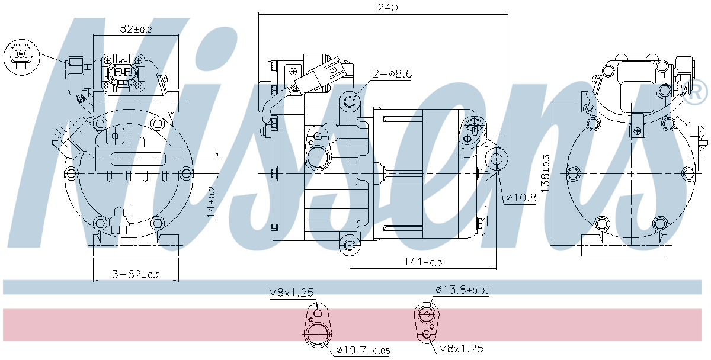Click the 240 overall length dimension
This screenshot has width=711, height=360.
tap(384, 7)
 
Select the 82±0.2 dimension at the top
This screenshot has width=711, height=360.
tap(136, 28)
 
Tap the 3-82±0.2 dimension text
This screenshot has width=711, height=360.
tap(136, 274)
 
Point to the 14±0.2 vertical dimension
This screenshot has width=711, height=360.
tap(210, 202)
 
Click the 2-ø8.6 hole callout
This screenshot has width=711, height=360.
tap(392, 74)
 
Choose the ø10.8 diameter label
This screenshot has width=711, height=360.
tap(521, 198)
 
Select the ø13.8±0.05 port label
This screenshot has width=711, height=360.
tap(462, 290)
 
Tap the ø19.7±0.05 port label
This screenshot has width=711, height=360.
tap(363, 351)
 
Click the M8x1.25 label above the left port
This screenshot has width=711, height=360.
tap(291, 292)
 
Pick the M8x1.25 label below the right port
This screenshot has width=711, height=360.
tap(461, 348)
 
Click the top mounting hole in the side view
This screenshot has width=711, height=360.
tap(350, 102)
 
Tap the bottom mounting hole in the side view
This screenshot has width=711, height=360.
tap(350, 244)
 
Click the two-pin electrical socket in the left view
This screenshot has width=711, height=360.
tap(123, 72)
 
